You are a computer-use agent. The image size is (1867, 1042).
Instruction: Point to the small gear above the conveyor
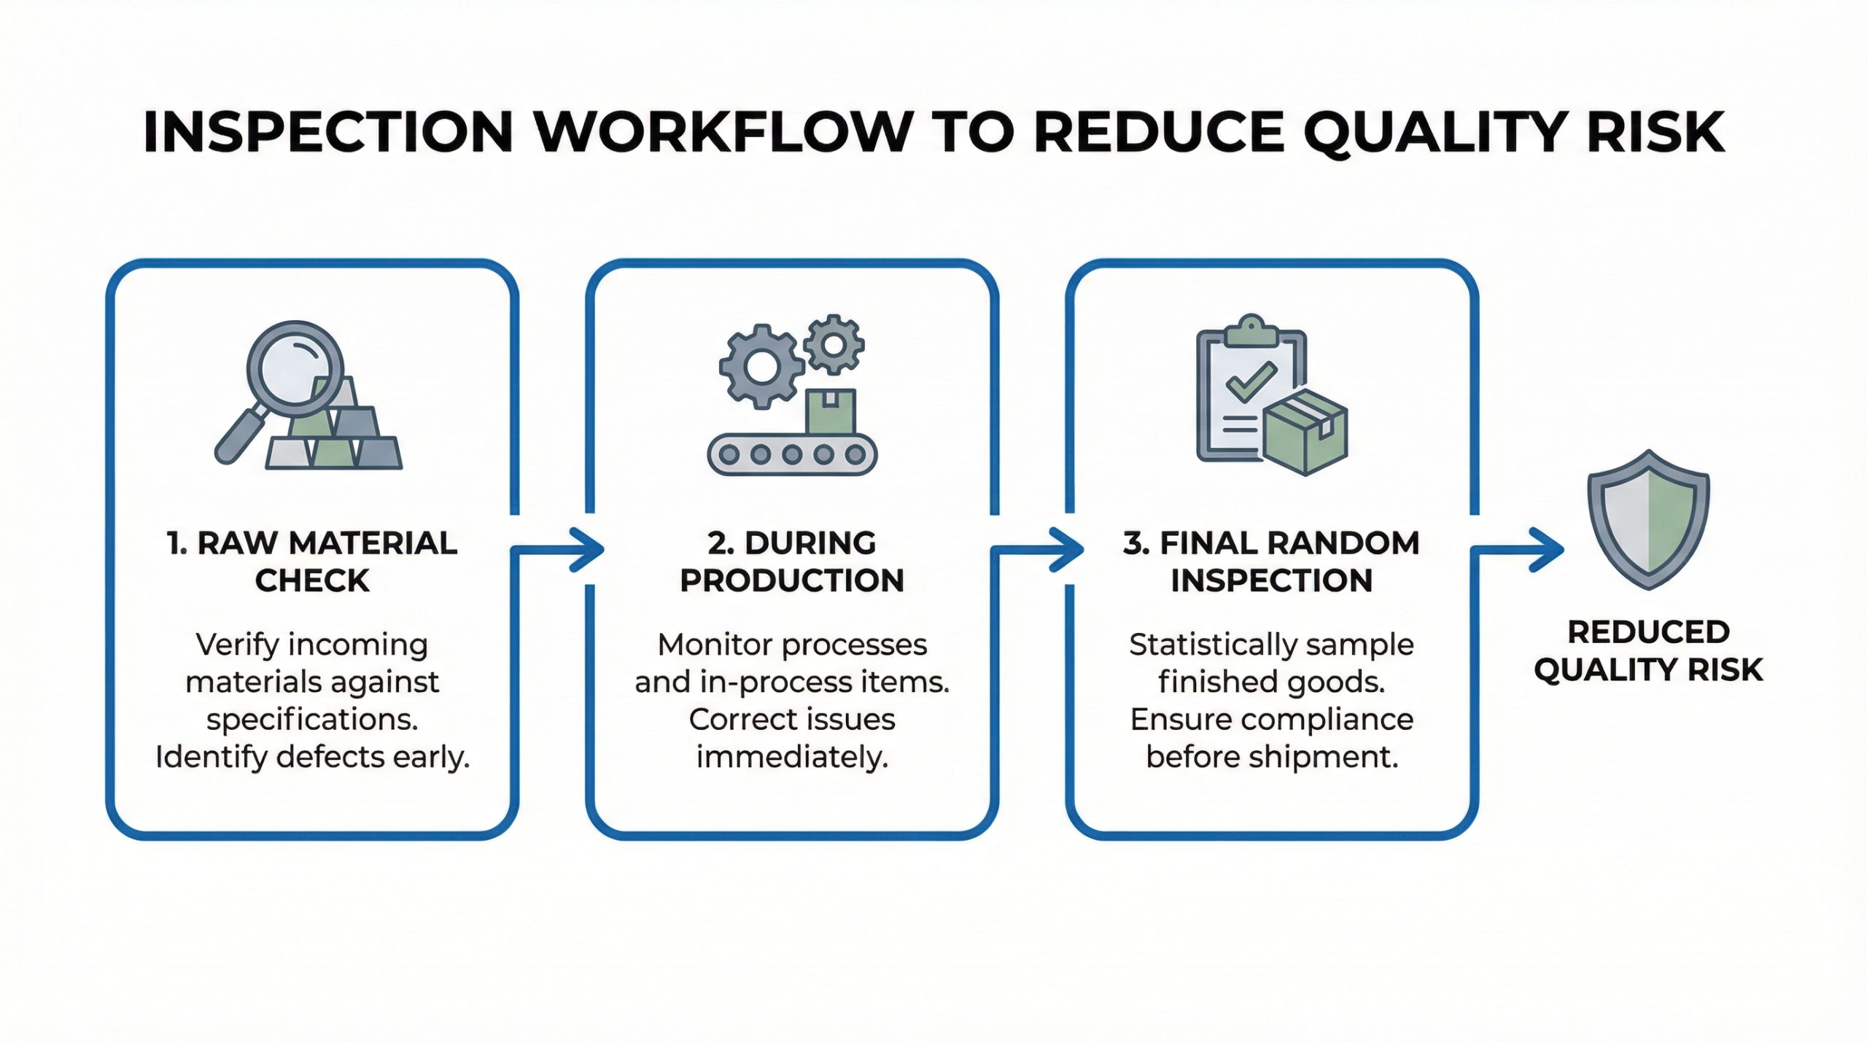pos(834,344)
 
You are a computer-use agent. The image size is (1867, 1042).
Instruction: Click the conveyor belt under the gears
pos(792,454)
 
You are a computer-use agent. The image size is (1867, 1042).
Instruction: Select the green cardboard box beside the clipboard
pos(1305,432)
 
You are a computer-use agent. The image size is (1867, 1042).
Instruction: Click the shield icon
pos(1648,519)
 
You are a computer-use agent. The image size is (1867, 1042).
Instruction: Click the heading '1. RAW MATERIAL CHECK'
pos(312,561)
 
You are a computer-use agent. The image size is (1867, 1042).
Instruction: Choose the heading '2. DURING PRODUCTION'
pos(792,561)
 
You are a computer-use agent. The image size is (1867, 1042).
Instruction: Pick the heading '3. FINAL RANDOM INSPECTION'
pos(1271,561)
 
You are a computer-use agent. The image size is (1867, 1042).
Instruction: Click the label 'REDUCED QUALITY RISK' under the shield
pos(1648,650)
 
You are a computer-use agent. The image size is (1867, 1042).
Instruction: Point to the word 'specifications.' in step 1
pos(312,720)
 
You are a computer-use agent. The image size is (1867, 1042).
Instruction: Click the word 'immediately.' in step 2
pos(792,757)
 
